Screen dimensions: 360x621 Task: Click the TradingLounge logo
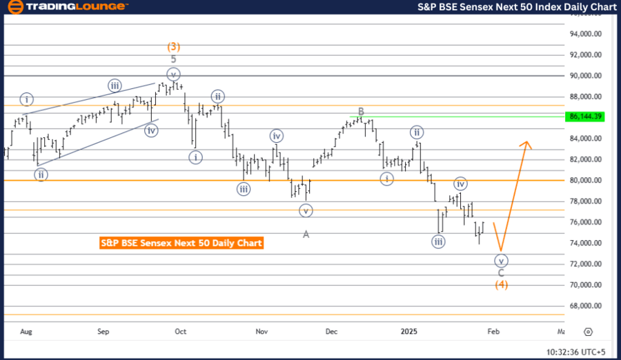click(x=67, y=7)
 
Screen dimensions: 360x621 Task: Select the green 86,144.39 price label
click(x=586, y=117)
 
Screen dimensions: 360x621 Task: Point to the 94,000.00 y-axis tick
click(x=584, y=34)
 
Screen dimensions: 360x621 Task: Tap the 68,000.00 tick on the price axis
click(x=584, y=306)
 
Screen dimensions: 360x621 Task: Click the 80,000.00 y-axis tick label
click(x=584, y=180)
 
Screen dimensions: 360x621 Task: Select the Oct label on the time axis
click(x=181, y=332)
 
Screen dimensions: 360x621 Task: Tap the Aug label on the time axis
click(x=26, y=332)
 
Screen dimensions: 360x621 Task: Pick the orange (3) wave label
click(x=174, y=47)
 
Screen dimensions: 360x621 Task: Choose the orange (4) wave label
click(x=502, y=285)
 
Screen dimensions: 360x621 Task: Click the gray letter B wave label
click(x=360, y=111)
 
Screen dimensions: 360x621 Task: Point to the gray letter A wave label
click(x=306, y=234)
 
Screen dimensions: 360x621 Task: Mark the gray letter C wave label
click(x=502, y=273)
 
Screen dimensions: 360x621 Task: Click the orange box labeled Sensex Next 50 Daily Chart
click(x=181, y=243)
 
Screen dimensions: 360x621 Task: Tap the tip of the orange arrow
click(x=526, y=142)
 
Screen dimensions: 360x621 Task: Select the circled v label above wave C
click(x=502, y=261)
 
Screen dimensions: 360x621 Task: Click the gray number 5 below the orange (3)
click(x=174, y=59)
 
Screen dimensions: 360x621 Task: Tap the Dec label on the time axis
click(x=333, y=332)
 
